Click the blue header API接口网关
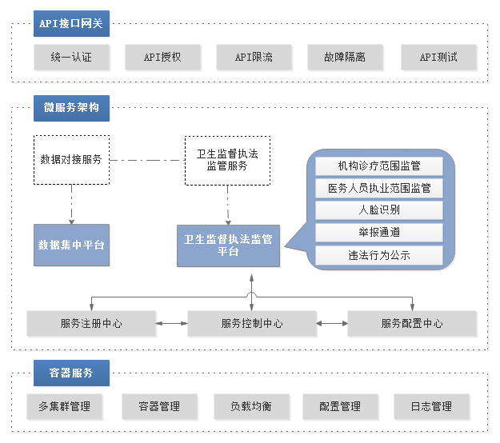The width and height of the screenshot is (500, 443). coord(71,23)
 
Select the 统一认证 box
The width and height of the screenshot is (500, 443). coord(71,57)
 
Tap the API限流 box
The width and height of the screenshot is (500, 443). coord(254,57)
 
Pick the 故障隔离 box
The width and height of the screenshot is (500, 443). coord(345,57)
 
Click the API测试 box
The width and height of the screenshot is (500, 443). coord(438,57)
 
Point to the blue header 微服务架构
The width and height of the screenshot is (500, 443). coord(71,108)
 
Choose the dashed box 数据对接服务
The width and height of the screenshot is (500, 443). coord(71,160)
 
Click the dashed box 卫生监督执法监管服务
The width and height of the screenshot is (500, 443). coord(227,160)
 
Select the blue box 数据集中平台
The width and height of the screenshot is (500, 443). coord(71,245)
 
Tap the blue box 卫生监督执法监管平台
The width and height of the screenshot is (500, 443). coord(228,245)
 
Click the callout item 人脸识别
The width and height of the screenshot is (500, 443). coord(379,210)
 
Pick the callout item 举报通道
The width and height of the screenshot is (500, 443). coord(379,233)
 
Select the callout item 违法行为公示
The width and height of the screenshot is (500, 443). coord(379,255)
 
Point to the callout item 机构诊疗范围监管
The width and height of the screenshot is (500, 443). coord(379,166)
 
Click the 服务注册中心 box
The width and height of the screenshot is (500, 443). coord(91,324)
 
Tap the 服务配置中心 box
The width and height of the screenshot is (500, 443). coord(412,324)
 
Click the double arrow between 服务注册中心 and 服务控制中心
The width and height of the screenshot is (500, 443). coord(171,324)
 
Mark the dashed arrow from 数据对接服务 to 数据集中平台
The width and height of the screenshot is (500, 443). coord(71,204)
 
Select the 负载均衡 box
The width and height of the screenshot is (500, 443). coord(251,406)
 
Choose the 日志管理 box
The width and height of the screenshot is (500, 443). coord(431,406)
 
